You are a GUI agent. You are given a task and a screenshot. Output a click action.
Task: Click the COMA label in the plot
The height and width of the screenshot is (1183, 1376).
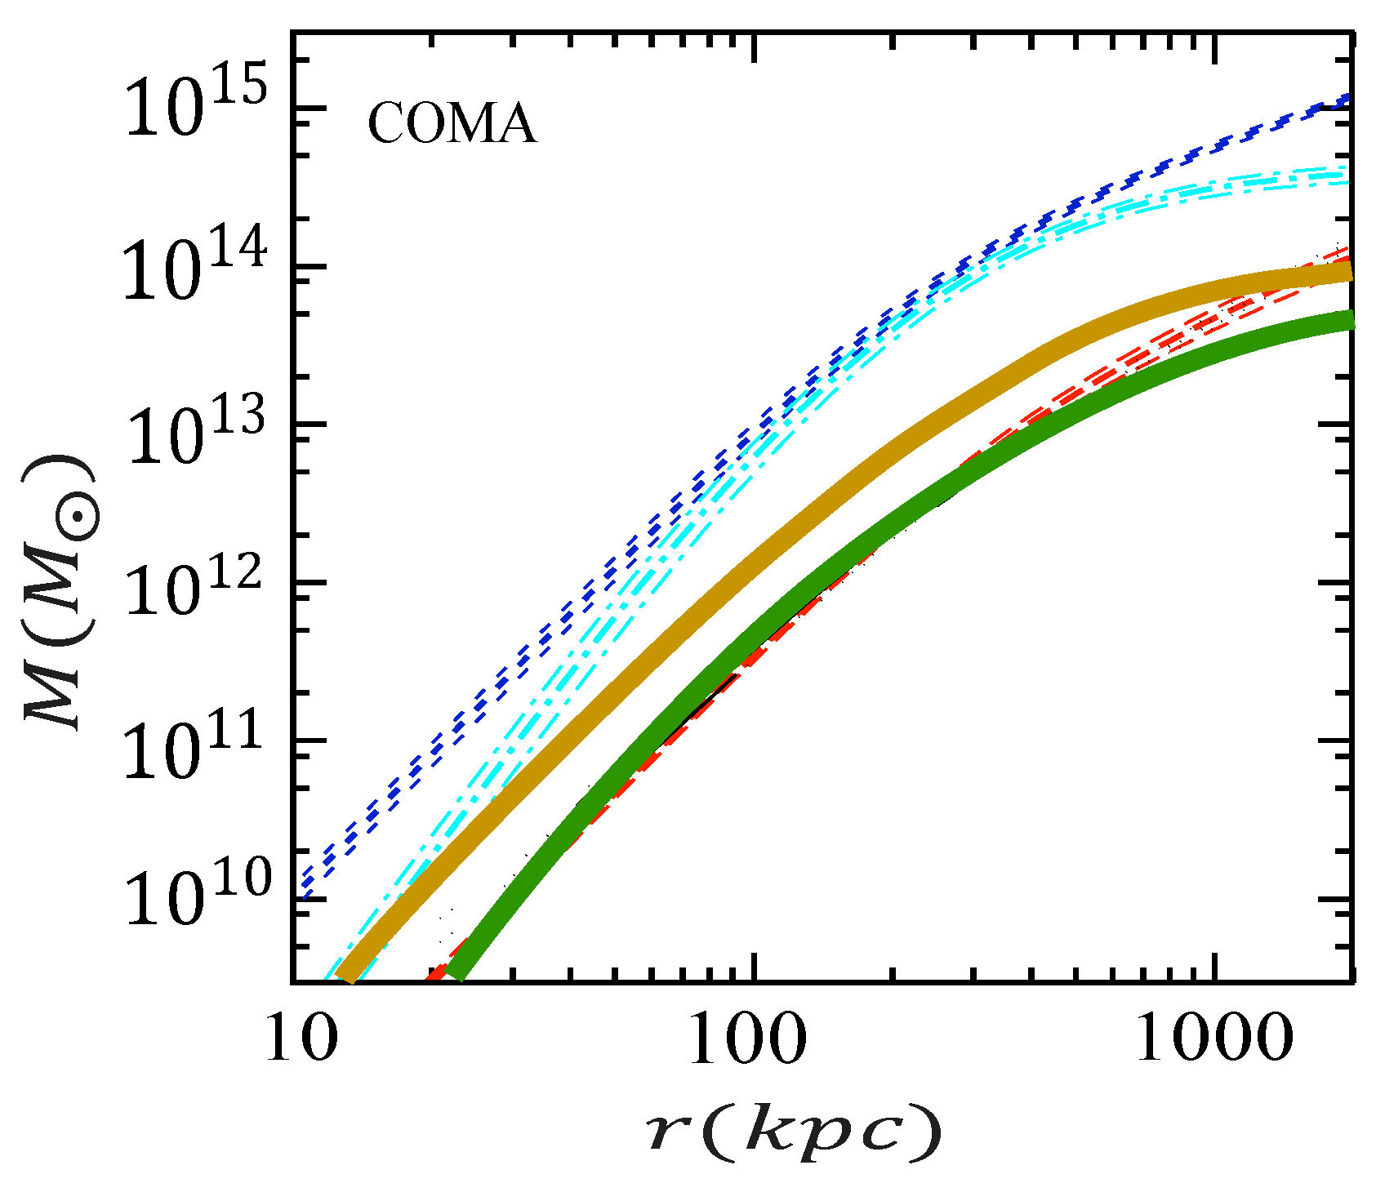pyautogui.click(x=452, y=126)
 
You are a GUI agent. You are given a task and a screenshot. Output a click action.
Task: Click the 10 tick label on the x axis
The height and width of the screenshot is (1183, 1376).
pyautogui.click(x=292, y=1038)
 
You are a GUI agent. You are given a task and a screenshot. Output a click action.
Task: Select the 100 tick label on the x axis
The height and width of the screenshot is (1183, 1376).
pyautogui.click(x=747, y=1038)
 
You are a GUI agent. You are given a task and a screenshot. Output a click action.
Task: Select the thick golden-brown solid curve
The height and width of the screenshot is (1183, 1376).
pyautogui.click(x=735, y=571)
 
